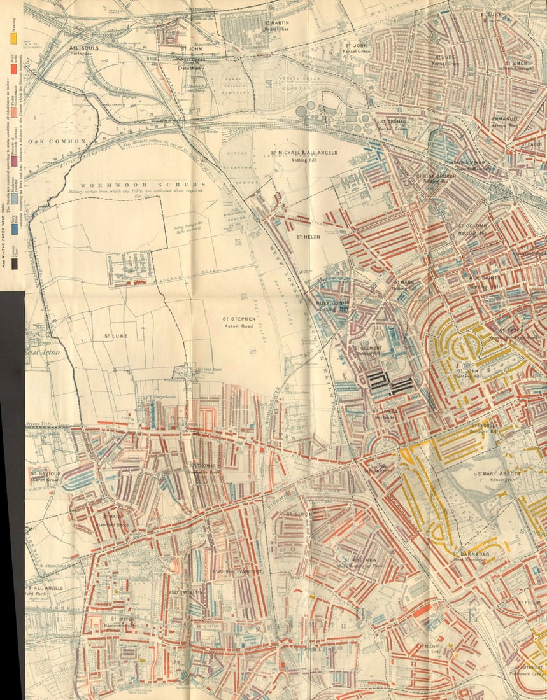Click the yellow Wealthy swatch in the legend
pos(13,38)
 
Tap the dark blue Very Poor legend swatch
pos(13,227)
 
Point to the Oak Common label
pos(55,141)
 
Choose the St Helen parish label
pos(307,237)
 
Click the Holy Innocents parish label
pos(186,592)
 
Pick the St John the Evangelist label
pos(237,571)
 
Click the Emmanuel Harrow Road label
pos(508,122)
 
